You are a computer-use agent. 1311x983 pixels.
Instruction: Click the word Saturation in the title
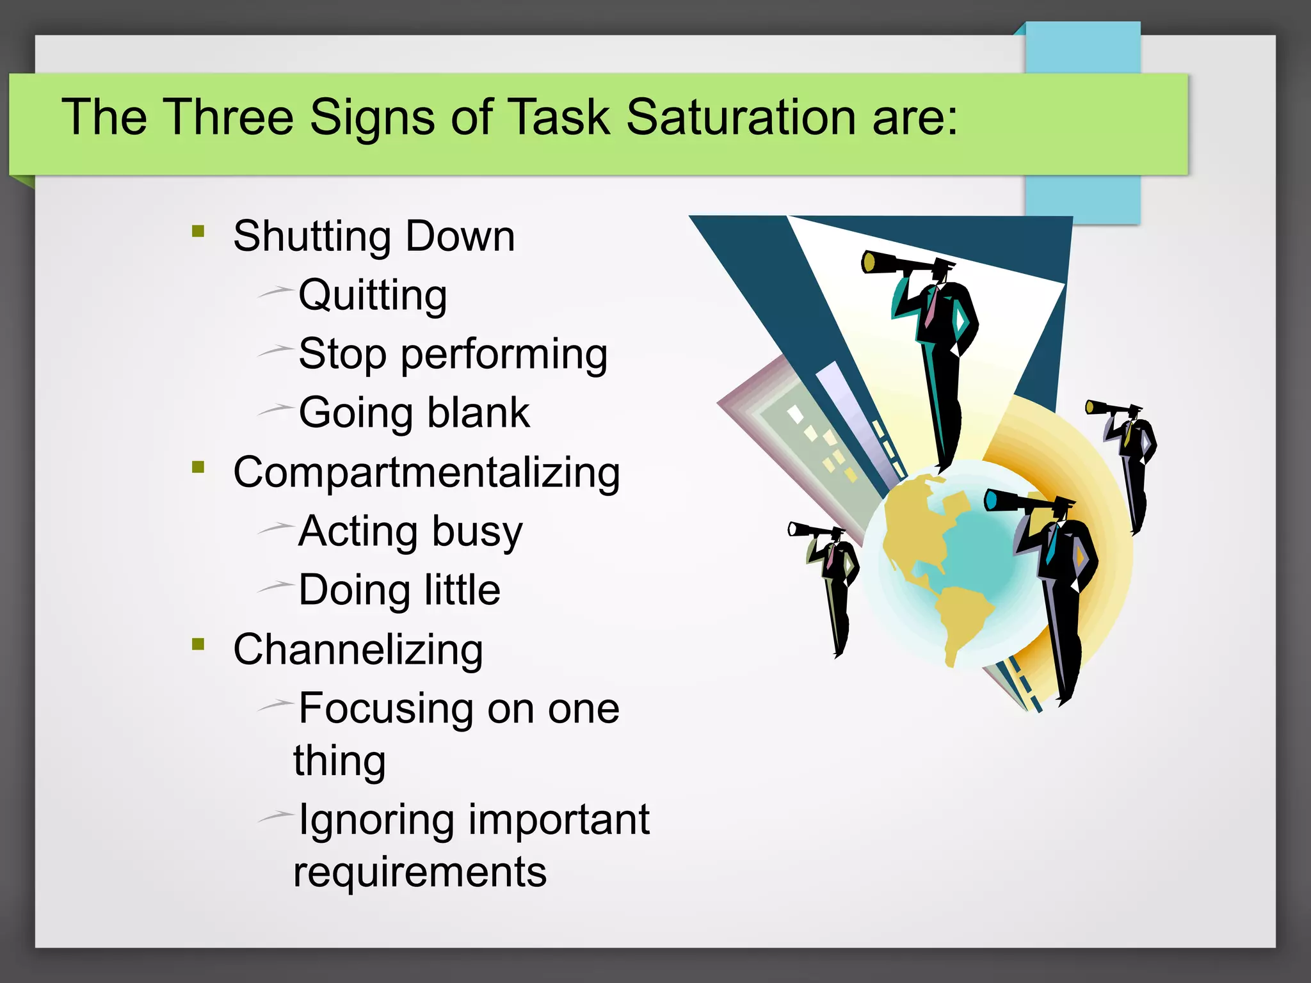(741, 118)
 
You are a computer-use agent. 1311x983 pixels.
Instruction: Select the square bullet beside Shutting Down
(198, 231)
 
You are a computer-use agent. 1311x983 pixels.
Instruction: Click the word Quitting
(373, 296)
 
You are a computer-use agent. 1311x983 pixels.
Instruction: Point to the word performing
(504, 355)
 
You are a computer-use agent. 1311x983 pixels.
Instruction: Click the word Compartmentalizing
(426, 473)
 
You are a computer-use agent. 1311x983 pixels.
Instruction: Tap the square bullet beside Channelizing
(198, 644)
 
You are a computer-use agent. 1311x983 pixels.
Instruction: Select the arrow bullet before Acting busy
(276, 527)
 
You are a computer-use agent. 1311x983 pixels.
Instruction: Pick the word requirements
(420, 872)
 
